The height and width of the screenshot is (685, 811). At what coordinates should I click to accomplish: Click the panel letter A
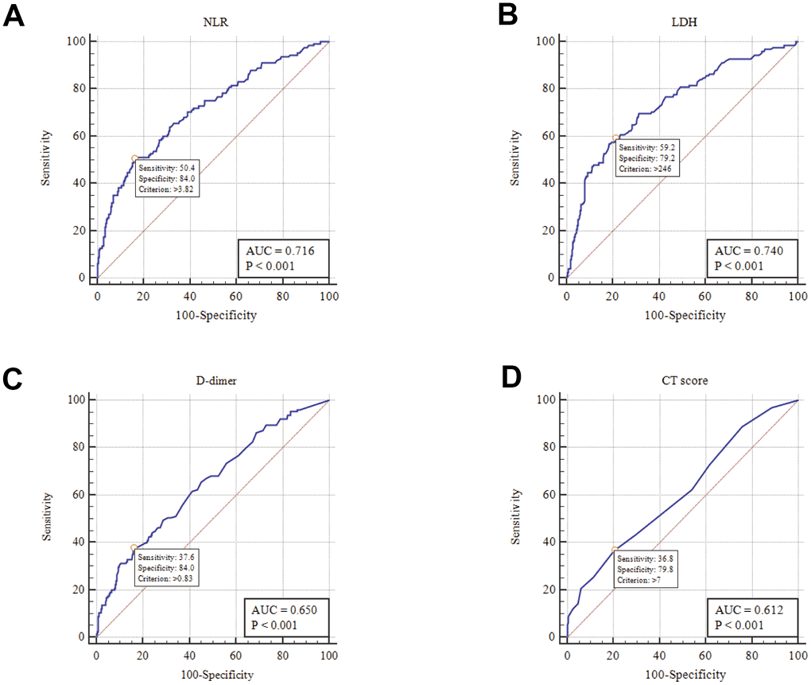[x=15, y=17]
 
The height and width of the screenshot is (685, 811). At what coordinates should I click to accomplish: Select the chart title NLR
[x=212, y=22]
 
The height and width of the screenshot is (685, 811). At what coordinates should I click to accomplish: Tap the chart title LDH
[x=681, y=22]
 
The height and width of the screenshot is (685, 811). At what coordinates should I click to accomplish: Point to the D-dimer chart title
[x=212, y=381]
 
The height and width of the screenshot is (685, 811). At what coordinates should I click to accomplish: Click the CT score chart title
[x=681, y=381]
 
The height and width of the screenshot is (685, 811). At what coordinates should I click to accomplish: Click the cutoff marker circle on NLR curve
[x=134, y=158]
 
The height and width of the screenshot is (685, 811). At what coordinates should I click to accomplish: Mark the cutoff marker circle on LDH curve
[x=615, y=138]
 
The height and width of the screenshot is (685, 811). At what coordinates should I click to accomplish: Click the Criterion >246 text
[x=645, y=169]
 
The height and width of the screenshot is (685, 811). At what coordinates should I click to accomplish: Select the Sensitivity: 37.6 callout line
[x=166, y=558]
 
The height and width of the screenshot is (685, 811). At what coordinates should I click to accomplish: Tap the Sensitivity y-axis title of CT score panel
[x=516, y=517]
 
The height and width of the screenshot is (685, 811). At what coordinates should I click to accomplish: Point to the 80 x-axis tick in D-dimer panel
[x=282, y=654]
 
